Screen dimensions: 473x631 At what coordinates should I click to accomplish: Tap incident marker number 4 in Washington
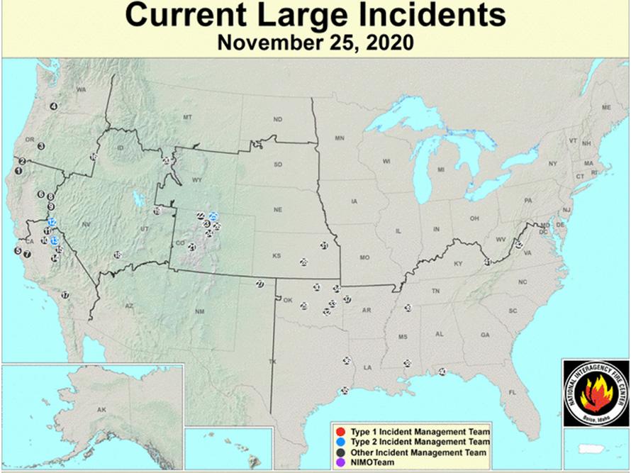(x=53, y=106)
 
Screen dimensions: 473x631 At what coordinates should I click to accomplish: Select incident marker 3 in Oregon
(x=42, y=146)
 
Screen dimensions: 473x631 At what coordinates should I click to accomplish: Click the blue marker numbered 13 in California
(x=55, y=240)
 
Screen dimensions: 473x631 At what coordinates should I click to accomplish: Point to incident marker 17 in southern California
(x=65, y=295)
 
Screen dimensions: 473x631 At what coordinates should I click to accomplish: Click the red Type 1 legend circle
(x=341, y=431)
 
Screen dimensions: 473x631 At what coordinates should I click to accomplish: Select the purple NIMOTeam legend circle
(x=341, y=462)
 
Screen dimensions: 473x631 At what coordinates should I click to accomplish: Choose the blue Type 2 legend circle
(x=341, y=441)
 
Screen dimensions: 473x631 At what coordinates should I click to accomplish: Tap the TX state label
(x=272, y=362)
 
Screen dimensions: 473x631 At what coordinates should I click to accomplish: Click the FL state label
(x=513, y=392)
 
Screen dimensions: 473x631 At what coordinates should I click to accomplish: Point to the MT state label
(x=188, y=116)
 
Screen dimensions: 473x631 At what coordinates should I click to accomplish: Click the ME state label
(x=606, y=107)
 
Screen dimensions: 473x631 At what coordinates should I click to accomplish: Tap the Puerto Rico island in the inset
(x=590, y=449)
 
